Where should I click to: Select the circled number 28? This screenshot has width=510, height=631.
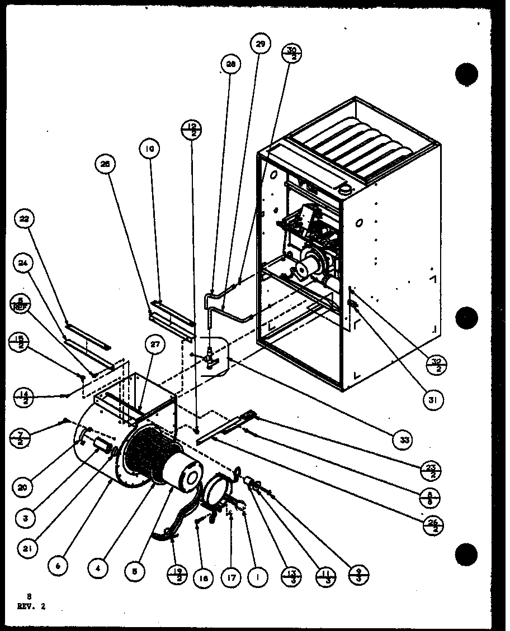click(x=230, y=64)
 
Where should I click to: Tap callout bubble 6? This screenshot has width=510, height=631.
click(x=58, y=565)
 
